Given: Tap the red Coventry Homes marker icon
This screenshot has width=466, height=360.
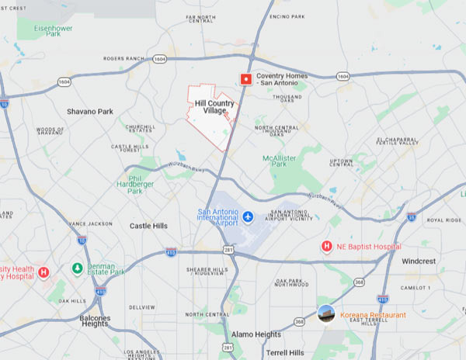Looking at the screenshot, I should (246, 78).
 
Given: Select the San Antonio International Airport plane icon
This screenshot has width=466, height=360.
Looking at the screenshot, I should (249, 216).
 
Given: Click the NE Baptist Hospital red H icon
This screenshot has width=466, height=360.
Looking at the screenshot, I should (327, 247).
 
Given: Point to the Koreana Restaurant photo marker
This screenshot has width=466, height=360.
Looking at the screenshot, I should (327, 314).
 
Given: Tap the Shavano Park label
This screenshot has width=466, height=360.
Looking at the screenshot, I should (90, 112).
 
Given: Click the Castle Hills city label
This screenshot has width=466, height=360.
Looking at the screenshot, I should (148, 226).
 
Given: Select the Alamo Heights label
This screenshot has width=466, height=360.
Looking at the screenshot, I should (256, 334).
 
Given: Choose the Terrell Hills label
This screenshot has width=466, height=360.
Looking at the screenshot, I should (287, 352).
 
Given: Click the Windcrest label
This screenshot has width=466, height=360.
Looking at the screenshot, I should (420, 261).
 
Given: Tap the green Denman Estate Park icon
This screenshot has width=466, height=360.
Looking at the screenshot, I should (77, 269).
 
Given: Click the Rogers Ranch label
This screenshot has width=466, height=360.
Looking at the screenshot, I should (124, 58).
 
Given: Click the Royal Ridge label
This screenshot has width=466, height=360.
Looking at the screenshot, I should (443, 220).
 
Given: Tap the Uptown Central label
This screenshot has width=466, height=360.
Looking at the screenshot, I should (342, 162).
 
